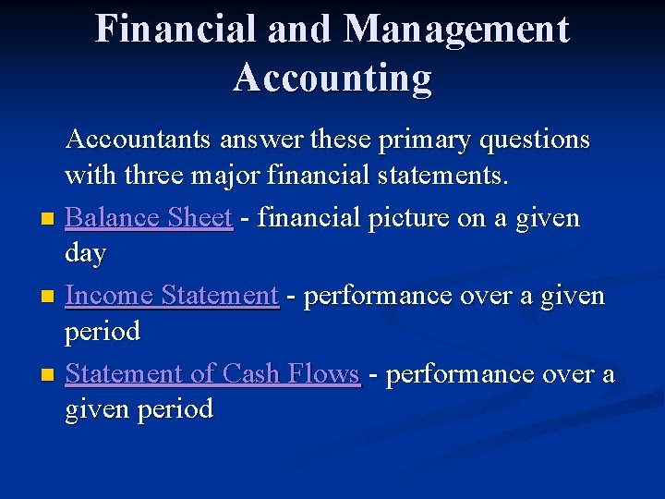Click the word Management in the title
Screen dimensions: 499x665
[456, 30]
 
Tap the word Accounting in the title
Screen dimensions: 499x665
[332, 78]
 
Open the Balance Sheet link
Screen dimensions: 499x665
[148, 218]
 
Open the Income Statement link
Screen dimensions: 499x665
[172, 296]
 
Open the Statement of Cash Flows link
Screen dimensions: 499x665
[212, 373]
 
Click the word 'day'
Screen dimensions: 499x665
[85, 253]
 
